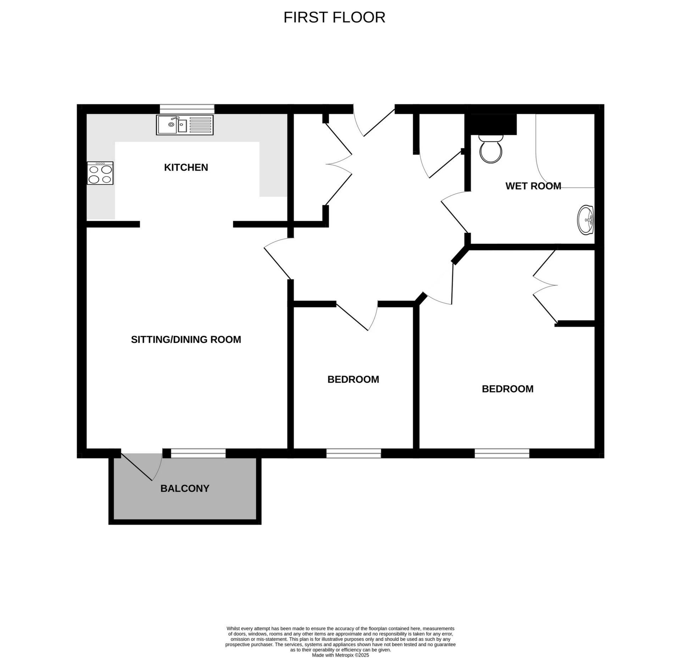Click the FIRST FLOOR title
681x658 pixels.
point(334,17)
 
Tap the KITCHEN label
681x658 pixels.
point(186,167)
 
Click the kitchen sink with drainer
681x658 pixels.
point(185,125)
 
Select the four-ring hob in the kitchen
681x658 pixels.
point(100,173)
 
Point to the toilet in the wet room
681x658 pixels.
point(491,149)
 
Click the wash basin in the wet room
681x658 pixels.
point(586,220)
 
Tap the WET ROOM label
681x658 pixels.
point(533,186)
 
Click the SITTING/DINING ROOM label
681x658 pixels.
point(186,339)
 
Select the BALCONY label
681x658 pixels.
point(185,488)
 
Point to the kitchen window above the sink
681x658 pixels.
point(187,109)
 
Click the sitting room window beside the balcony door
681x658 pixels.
point(198,453)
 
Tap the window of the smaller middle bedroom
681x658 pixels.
point(354,453)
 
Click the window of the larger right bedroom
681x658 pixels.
point(502,453)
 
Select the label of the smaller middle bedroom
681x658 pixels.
point(353,380)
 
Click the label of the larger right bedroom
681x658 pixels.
point(508,389)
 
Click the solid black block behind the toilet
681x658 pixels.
point(491,124)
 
